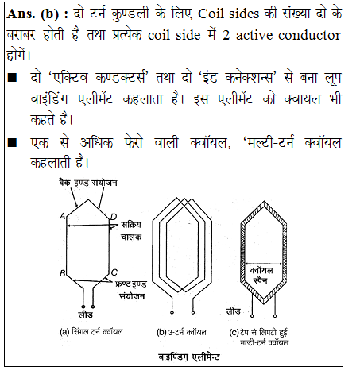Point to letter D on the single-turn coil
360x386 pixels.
coord(114,217)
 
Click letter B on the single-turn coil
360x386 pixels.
coord(61,273)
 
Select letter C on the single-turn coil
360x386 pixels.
coord(115,273)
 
